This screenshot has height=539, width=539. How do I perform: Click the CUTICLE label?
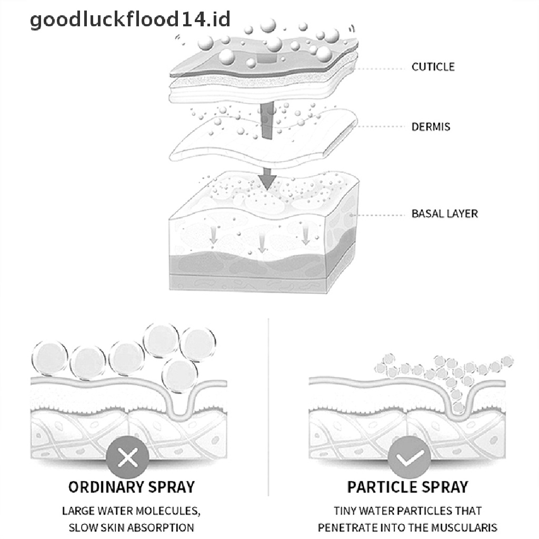pos(433,67)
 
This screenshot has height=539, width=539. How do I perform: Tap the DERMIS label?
pos(431,127)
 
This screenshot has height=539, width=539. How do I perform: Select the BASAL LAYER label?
pos(444,214)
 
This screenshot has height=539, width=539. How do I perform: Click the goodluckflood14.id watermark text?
pos(130,21)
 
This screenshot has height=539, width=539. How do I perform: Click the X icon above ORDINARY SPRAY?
pos(127,458)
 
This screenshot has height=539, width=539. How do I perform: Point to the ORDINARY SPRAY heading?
pos(131,487)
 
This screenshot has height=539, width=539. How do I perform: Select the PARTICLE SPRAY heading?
pos(408,487)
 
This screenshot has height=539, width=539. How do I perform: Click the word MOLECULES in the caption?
pos(169,511)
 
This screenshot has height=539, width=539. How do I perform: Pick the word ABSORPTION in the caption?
pos(164,527)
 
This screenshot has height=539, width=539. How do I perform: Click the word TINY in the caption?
pos(346,511)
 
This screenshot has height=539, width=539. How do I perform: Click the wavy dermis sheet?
pos(263,139)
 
